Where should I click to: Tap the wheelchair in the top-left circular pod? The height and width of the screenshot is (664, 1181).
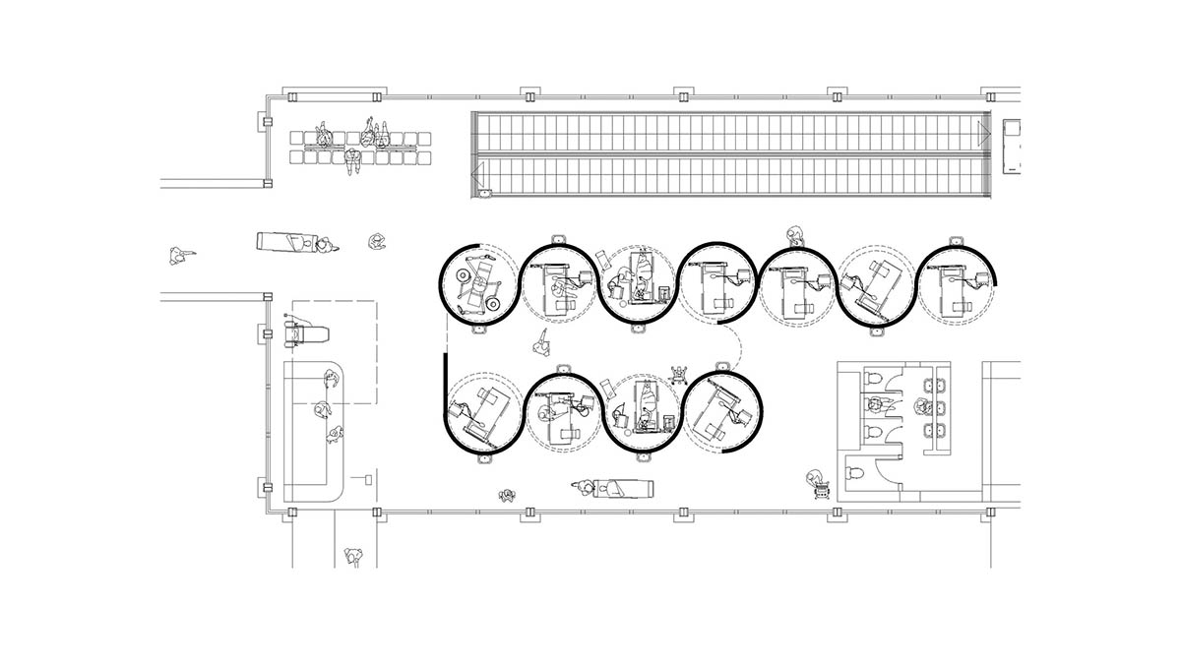point(479,281)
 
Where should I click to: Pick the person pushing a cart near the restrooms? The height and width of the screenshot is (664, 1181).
point(815,481)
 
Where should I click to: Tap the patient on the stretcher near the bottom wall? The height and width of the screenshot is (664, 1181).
point(618,488)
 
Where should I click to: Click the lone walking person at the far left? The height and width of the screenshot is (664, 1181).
point(177,256)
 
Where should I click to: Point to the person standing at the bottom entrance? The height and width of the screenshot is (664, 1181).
point(354,558)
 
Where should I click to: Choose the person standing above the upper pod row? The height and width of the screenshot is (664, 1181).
point(795,234)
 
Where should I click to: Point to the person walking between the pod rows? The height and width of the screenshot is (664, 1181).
point(541,344)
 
